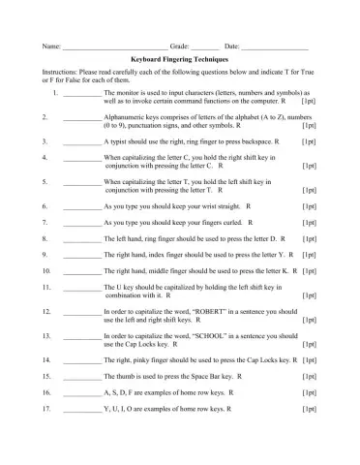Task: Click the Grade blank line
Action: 204,47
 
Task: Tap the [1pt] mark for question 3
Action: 309,141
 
